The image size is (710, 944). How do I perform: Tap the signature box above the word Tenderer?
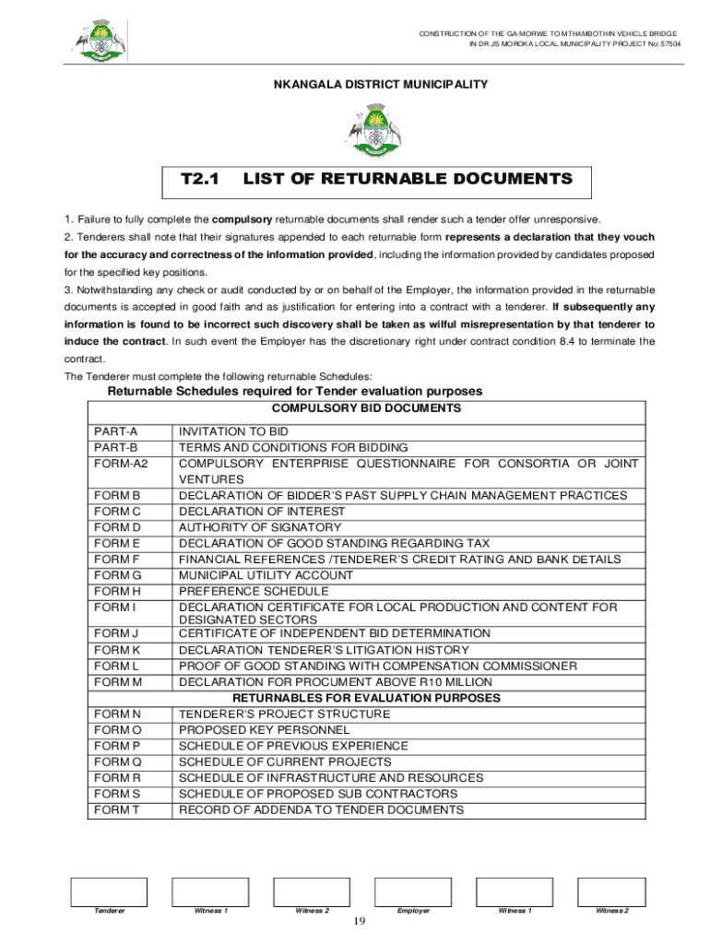pos(109,891)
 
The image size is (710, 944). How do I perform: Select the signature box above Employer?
pos(412,891)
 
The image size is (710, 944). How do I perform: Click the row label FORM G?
pos(116,575)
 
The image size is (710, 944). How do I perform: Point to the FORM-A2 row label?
pos(121,464)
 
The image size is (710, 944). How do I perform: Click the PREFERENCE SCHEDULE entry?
pos(254,591)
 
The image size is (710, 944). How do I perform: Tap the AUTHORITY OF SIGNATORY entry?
pos(260,527)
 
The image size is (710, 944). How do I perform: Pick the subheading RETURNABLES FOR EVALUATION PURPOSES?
pos(367,698)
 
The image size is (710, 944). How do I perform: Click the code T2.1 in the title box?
pos(199,179)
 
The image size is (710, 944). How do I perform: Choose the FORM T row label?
pos(115,809)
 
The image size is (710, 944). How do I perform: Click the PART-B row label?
pos(115,447)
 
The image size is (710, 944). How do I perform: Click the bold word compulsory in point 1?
pos(243,219)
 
